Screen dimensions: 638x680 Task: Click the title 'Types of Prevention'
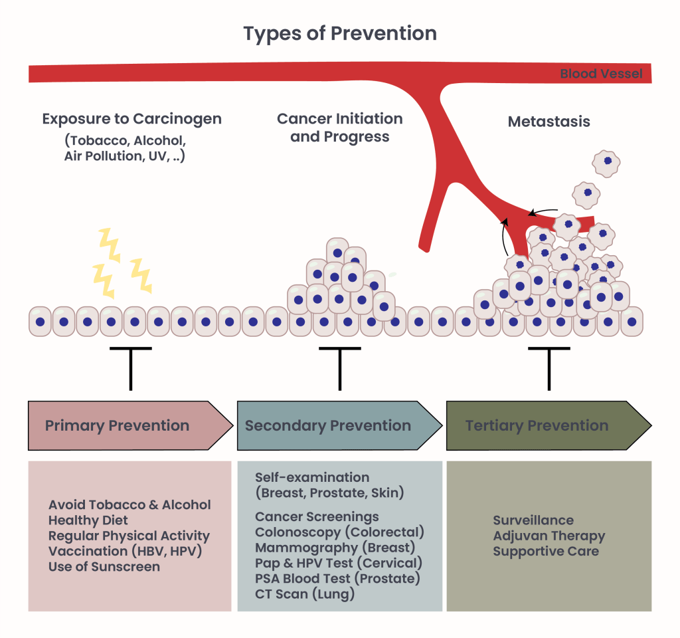[x=339, y=33]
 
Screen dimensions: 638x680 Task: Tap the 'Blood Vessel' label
[x=601, y=74]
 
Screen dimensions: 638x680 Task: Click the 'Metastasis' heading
[x=549, y=122]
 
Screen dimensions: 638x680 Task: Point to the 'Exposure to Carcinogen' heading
[x=131, y=119]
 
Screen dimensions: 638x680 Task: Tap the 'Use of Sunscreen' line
[x=104, y=567]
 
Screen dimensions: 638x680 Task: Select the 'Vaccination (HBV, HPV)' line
[x=124, y=551]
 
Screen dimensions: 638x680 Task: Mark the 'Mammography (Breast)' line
[x=335, y=548]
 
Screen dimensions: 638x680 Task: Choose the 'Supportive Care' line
[x=545, y=552]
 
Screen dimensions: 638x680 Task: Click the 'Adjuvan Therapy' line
[x=549, y=536]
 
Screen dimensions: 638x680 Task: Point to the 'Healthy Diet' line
[x=88, y=520]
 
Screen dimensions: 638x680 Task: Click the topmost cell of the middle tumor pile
[x=337, y=253]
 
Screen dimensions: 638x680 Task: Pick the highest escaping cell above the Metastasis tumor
[x=606, y=162]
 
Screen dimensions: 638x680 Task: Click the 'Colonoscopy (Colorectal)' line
[x=339, y=532]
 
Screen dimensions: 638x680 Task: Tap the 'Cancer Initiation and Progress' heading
[x=339, y=128]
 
